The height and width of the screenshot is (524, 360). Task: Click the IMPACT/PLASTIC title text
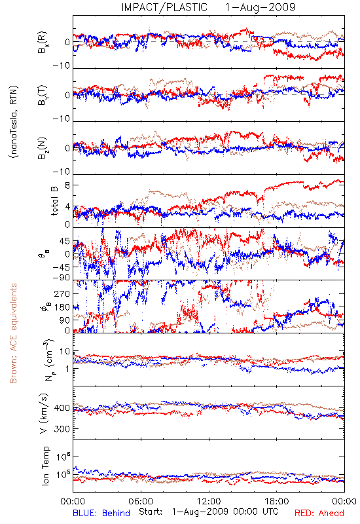point(164,7)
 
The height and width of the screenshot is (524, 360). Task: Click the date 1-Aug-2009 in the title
point(260,7)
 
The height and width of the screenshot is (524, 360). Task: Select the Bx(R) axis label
point(43,43)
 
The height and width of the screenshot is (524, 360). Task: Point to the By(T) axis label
point(43,95)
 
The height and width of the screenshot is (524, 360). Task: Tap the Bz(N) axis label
point(43,148)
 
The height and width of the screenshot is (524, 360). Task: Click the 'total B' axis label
point(54,200)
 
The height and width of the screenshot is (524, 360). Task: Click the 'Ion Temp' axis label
point(45,466)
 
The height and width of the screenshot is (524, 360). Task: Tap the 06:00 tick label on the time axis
point(141,501)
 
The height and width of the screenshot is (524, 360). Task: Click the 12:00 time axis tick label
point(209,501)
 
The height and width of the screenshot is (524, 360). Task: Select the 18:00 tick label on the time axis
point(277,501)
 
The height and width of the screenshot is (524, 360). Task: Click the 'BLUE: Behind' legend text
point(101,513)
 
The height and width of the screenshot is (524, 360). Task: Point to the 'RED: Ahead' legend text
point(319,513)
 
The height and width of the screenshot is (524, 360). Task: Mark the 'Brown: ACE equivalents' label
point(13,333)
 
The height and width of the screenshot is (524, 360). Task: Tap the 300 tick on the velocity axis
point(62,429)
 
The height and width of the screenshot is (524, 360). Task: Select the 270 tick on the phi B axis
point(62,293)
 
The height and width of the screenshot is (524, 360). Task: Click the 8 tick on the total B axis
point(67,185)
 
